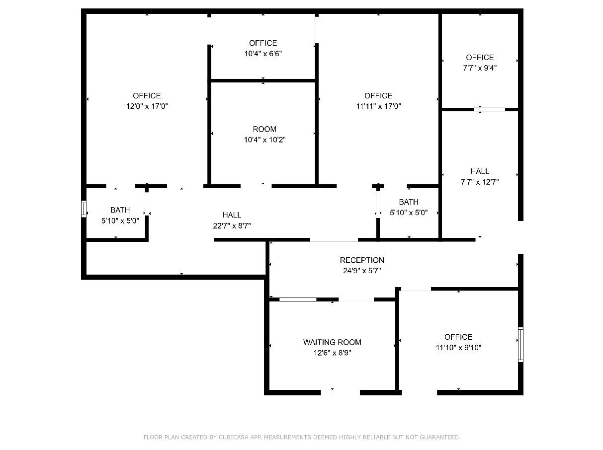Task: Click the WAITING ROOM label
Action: pos(332,342)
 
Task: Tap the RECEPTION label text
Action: pos(362,260)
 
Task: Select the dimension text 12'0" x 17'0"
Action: pos(147,106)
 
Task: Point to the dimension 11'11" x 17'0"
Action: pos(379,106)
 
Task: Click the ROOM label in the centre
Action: pos(264,129)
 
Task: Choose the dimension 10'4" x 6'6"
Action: pos(263,54)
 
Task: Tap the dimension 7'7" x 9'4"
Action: pos(480,68)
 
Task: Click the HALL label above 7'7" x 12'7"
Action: pos(480,171)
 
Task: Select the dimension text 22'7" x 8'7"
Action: pos(232,226)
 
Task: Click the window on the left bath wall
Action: pos(84,209)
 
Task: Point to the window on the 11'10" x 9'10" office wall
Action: pos(520,344)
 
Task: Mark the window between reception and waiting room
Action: pos(298,300)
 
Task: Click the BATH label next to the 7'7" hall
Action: pos(409,202)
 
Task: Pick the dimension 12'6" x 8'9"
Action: pos(333,353)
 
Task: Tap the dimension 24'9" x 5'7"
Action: pos(362,271)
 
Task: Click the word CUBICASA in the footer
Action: pos(233,437)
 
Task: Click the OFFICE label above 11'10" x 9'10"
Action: pos(458,337)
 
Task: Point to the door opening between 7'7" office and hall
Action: pos(489,110)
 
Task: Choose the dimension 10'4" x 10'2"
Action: pos(265,140)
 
